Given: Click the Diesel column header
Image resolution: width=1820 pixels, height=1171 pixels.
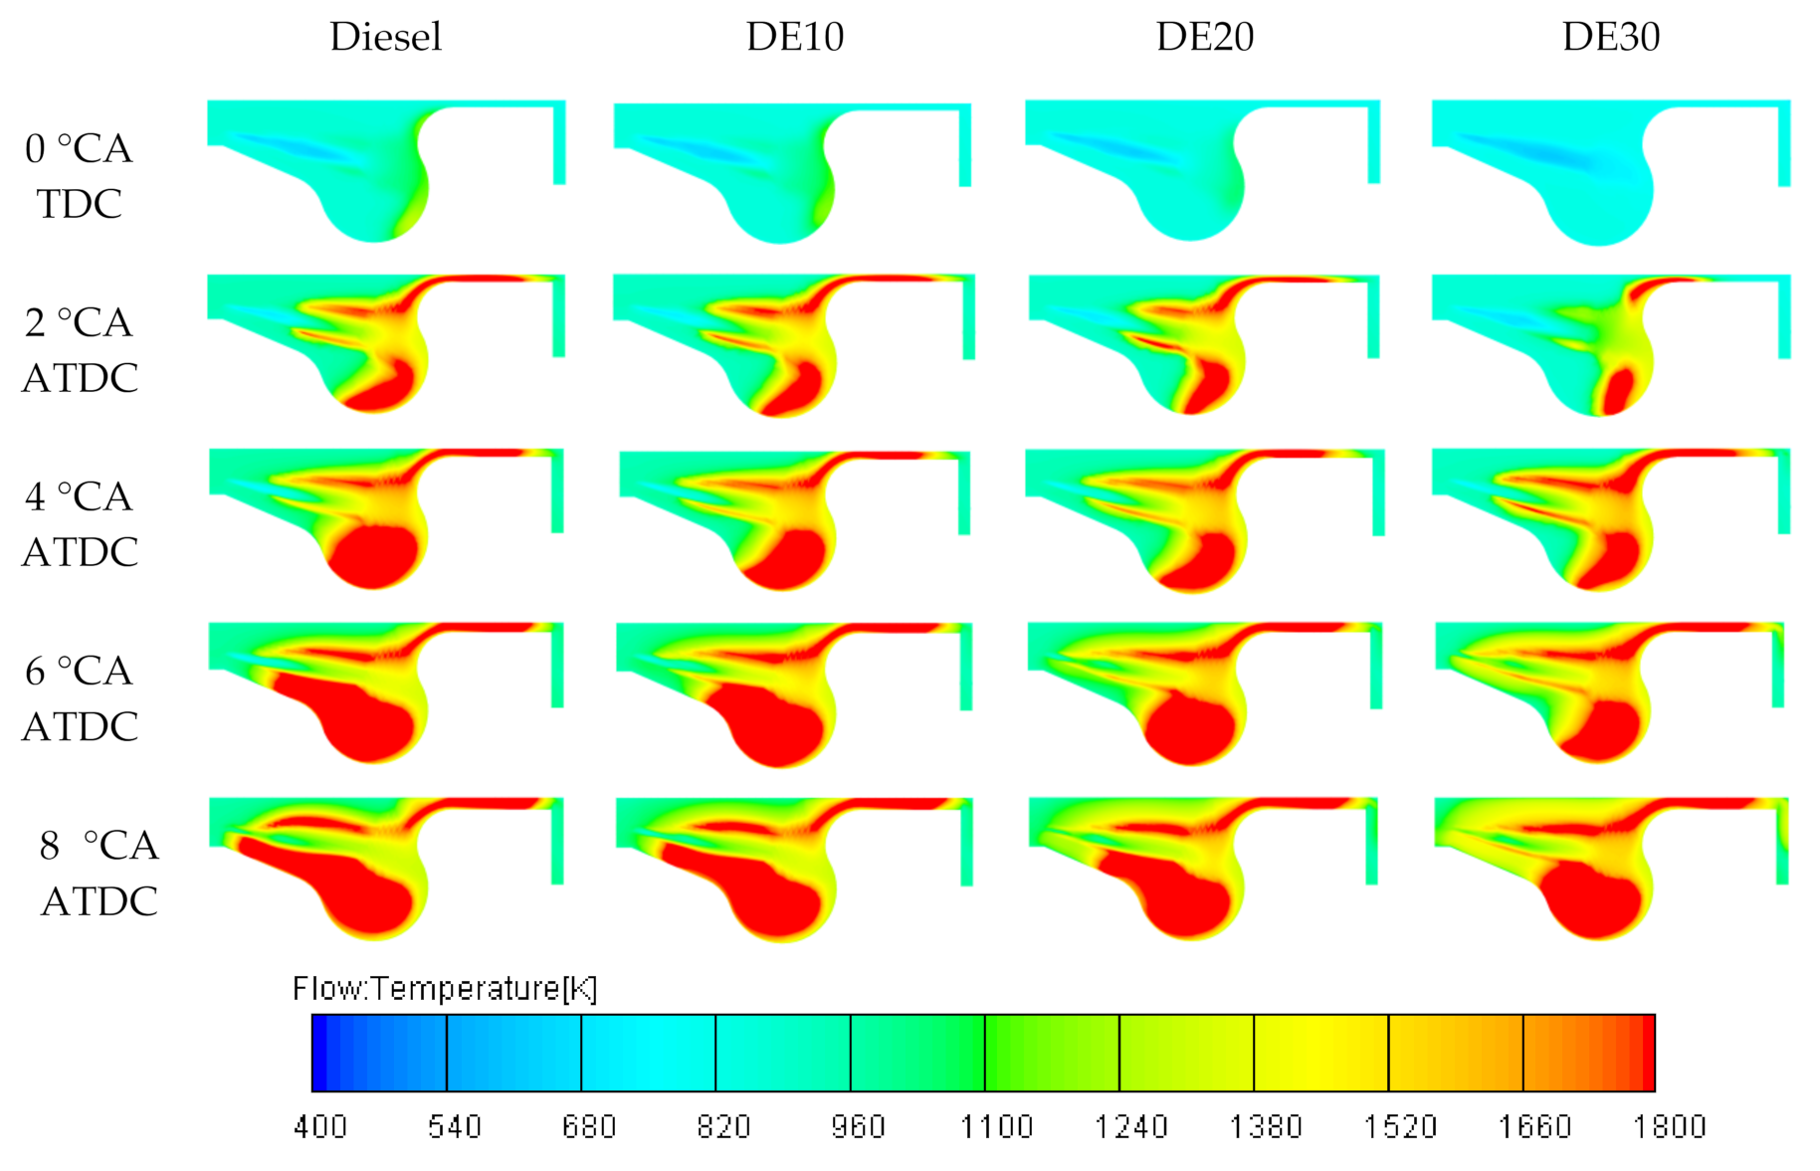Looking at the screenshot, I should pos(385,37).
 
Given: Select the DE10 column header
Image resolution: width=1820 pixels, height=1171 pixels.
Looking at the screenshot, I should pos(794,37).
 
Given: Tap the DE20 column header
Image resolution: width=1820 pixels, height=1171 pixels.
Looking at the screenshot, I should pos(1204,37).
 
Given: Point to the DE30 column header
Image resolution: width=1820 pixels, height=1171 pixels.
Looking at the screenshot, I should pos(1610,37).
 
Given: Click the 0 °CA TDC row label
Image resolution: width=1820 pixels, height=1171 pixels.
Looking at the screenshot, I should pos(79,176).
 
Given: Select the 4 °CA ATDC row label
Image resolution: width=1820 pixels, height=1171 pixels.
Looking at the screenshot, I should pos(79,524).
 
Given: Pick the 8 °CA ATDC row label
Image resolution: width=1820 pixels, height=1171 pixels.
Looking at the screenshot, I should pos(99,873).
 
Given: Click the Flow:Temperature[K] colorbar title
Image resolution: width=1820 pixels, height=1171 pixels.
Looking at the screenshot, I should pos(444,988).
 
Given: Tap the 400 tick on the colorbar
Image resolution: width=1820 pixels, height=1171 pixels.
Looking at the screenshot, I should pos(319,1126).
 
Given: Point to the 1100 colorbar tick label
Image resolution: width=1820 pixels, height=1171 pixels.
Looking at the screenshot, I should pos(996,1126).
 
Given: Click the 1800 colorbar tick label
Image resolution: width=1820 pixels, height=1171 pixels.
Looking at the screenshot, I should pos(1669,1126).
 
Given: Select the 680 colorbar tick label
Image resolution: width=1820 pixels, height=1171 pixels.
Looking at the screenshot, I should pos(589,1126).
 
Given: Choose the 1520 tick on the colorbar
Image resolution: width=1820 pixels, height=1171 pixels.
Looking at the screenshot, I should pos(1400,1126).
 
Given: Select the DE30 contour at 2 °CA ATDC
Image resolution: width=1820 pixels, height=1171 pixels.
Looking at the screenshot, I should pos(1592,338).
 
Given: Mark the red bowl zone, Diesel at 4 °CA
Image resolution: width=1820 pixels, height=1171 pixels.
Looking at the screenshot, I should pos(373,557).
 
